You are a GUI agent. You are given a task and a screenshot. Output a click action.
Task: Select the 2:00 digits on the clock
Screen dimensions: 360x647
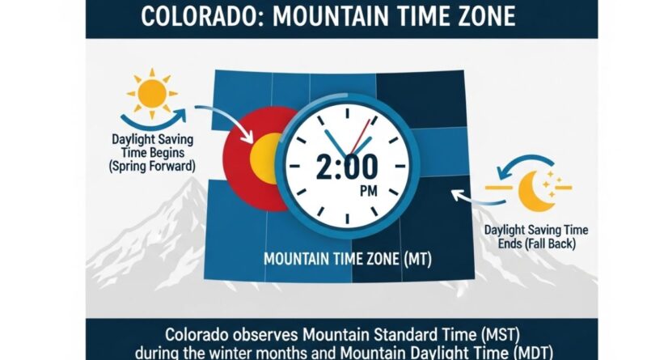pos(348,167)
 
